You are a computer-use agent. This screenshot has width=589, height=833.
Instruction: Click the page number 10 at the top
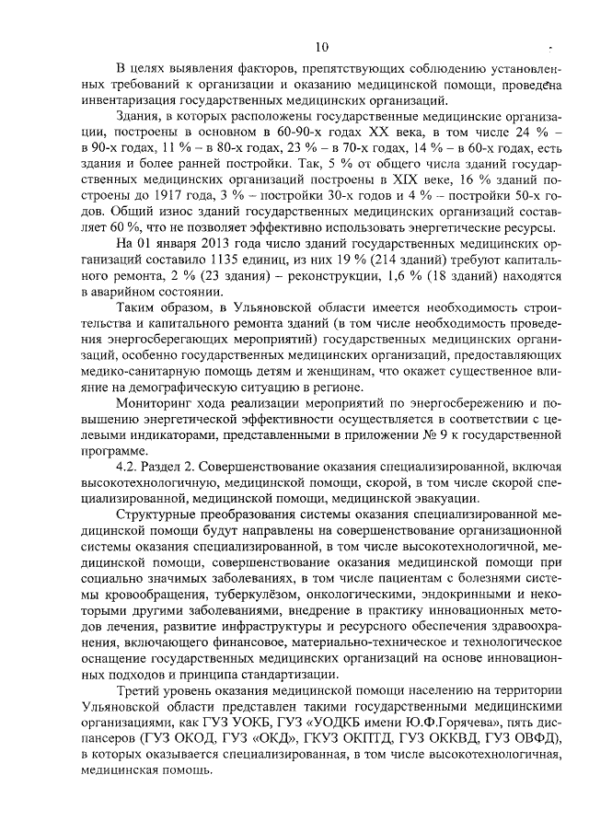pyautogui.click(x=319, y=47)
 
